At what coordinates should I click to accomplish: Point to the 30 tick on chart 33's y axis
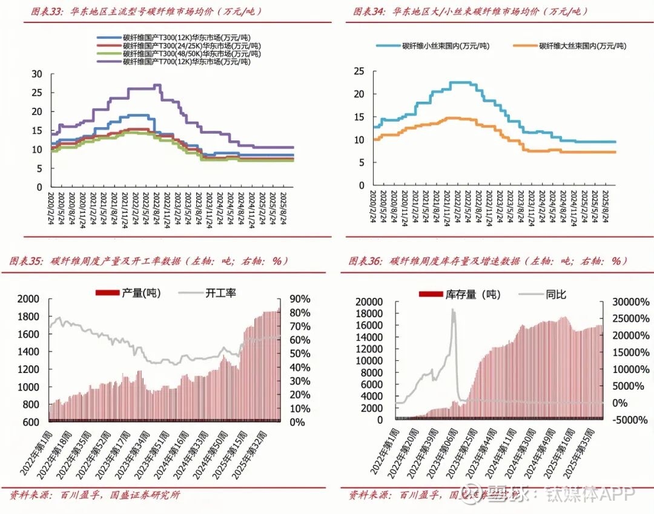37,74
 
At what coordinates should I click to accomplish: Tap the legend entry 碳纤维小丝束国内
446,46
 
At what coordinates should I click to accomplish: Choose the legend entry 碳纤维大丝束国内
583,46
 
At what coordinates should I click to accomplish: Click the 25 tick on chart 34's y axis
358,71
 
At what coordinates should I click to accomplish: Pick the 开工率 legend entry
220,293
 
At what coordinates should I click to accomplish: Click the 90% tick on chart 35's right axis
299,299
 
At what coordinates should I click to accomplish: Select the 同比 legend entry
556,295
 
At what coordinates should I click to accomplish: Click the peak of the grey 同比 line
452,310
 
